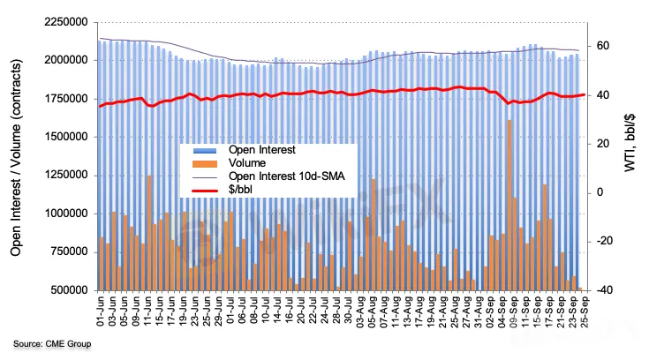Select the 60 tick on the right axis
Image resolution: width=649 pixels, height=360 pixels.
tap(607, 46)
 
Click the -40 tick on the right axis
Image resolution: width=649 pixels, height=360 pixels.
tap(608, 290)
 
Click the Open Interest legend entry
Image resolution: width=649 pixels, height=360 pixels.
tap(255, 149)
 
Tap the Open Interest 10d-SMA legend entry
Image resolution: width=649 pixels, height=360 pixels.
tap(274, 176)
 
